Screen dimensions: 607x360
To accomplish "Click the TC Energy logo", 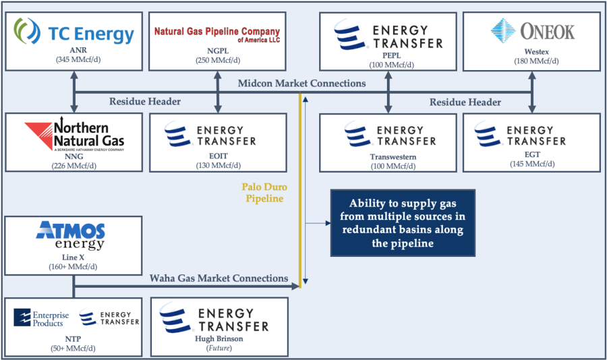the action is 74,32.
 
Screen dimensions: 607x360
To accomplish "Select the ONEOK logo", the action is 533,31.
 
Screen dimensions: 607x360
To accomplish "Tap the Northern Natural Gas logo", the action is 74,133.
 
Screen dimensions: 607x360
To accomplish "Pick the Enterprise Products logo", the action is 41,318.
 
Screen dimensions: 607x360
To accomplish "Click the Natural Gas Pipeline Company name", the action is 217,34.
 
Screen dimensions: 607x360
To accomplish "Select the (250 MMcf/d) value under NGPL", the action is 218,61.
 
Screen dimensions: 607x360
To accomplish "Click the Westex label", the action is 537,51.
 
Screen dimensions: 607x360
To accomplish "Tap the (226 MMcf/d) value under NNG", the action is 74,166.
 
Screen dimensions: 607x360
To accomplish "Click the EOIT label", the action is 219,156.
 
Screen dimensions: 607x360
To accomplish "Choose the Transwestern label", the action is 393,157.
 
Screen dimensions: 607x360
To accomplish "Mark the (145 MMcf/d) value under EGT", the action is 532,164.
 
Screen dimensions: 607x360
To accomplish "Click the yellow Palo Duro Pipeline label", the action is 264,192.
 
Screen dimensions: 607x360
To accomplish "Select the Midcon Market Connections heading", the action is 301,83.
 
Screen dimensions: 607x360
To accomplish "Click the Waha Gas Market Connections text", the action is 219,278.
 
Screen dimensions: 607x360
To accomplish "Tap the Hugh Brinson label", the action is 219,338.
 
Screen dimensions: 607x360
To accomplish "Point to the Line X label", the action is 73,258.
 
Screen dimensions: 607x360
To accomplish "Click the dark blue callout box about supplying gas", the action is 403,223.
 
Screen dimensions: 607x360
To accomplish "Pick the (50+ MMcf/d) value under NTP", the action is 73,348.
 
